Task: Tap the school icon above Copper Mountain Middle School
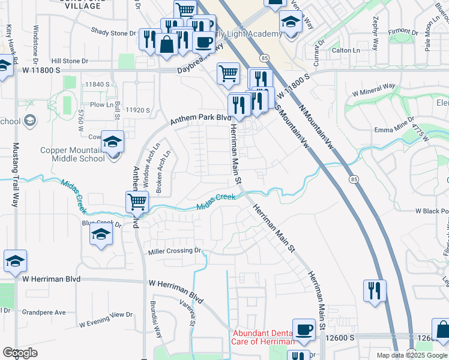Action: (112, 142)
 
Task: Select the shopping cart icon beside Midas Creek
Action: (137, 202)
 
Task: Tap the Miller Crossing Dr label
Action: (173, 251)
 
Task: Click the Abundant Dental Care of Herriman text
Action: (263, 337)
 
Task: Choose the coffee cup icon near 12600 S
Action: (304, 329)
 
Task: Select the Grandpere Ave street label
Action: (44, 313)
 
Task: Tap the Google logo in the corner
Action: (20, 353)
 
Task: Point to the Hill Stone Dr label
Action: (70, 61)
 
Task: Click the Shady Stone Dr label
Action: (113, 31)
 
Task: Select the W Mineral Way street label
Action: (373, 89)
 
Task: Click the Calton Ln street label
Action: (345, 50)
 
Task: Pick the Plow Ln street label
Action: (101, 104)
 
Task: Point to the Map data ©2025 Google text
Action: (412, 355)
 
